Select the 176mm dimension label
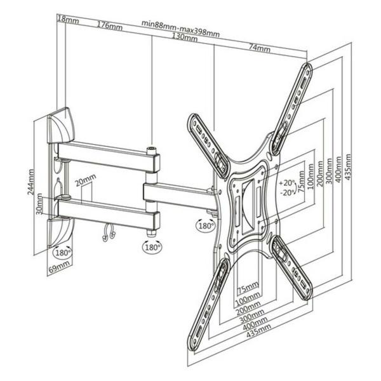coord(110,26)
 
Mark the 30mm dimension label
coord(40,203)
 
